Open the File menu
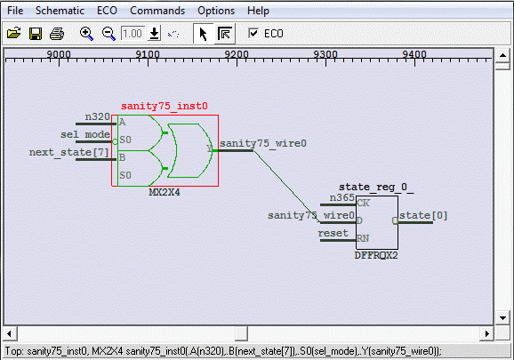[15, 11]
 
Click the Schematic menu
[60, 11]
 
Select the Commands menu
[157, 11]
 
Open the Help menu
[258, 11]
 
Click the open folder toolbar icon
[13, 34]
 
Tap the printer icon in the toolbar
[57, 34]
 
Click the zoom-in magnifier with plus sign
[86, 34]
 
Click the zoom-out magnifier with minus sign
[108, 34]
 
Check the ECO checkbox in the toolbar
[253, 33]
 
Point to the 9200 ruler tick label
[237, 54]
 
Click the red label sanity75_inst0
[165, 106]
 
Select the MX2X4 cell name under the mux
[165, 192]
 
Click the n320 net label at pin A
[97, 116]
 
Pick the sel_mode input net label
[85, 134]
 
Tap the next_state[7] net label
[68, 152]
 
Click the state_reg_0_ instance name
[376, 187]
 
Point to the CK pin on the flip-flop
[363, 203]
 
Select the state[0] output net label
[423, 215]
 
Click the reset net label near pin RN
[333, 233]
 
